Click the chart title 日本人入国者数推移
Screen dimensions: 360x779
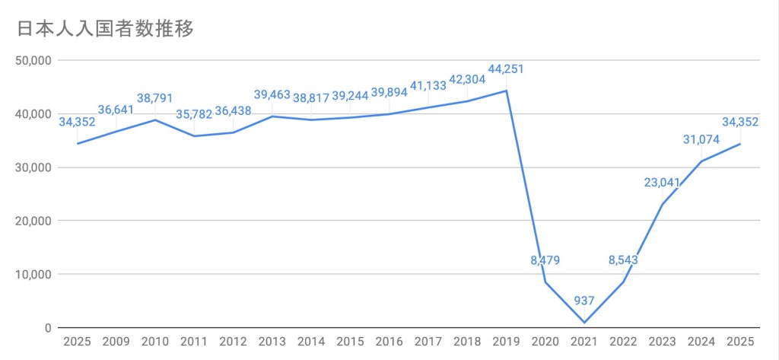pos(106,29)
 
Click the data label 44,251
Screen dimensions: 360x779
pos(506,69)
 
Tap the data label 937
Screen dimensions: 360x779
pos(583,301)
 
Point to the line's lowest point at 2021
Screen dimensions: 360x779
pos(585,323)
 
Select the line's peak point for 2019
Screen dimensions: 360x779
pos(506,91)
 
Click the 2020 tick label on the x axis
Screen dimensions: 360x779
pos(545,342)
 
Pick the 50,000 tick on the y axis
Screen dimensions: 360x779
pos(32,60)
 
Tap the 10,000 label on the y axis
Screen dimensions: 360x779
pos(32,274)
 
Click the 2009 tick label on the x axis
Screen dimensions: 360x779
pos(116,342)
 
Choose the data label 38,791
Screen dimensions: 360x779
pos(155,98)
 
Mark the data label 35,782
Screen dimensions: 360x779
pos(194,114)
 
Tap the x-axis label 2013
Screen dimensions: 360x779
pos(272,342)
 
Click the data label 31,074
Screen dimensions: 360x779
pos(701,139)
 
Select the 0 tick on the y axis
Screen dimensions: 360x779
pos(47,328)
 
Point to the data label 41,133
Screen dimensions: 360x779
pos(428,86)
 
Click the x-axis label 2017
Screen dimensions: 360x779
pos(428,342)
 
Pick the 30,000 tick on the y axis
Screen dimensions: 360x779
pos(32,167)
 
